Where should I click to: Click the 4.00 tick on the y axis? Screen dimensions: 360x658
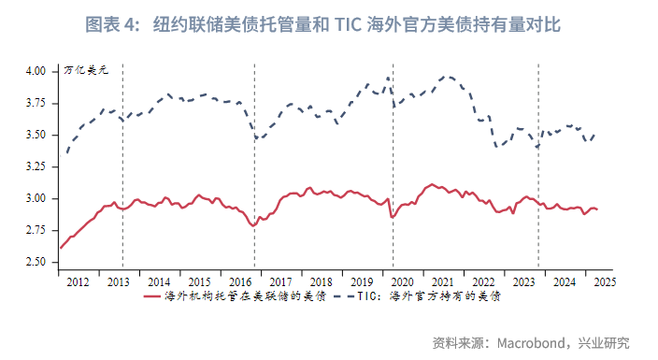click(35, 71)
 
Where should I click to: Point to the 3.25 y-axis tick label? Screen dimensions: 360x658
click(35, 166)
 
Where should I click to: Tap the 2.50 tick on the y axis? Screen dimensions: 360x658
click(35, 263)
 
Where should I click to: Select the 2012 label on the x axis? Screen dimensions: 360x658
click(78, 281)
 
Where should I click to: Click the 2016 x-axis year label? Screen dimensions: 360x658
click(239, 281)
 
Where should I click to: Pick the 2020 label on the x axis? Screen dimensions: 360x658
click(402, 281)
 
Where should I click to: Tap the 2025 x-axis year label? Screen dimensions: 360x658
click(603, 281)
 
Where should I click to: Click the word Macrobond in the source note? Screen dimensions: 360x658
click(529, 342)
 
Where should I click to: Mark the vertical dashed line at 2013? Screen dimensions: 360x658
click(122, 168)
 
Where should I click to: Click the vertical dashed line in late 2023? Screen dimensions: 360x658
click(537, 168)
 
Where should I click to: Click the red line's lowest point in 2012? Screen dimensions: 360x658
click(60, 248)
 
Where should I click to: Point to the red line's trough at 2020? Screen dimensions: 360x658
click(393, 217)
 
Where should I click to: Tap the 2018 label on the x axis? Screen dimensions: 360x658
click(321, 281)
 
